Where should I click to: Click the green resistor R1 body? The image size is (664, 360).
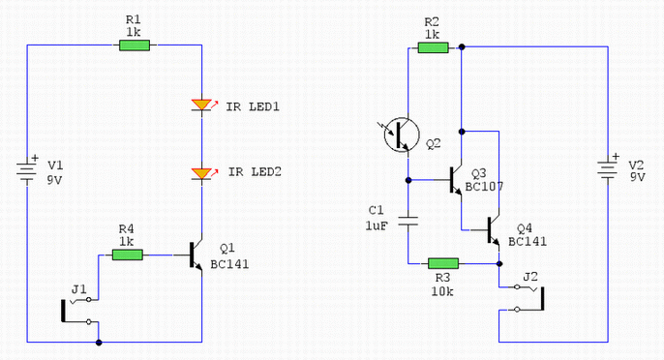134,45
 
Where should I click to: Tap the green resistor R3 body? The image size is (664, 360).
442,262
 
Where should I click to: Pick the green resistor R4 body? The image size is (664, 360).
127,255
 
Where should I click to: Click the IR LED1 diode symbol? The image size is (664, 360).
200,105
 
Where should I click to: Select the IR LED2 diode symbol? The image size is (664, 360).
200,173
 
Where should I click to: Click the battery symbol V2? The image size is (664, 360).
607,170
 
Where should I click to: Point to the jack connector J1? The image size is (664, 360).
80,310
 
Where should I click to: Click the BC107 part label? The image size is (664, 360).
484,185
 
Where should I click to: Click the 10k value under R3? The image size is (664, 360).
442,279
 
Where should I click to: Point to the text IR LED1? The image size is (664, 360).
254,105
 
